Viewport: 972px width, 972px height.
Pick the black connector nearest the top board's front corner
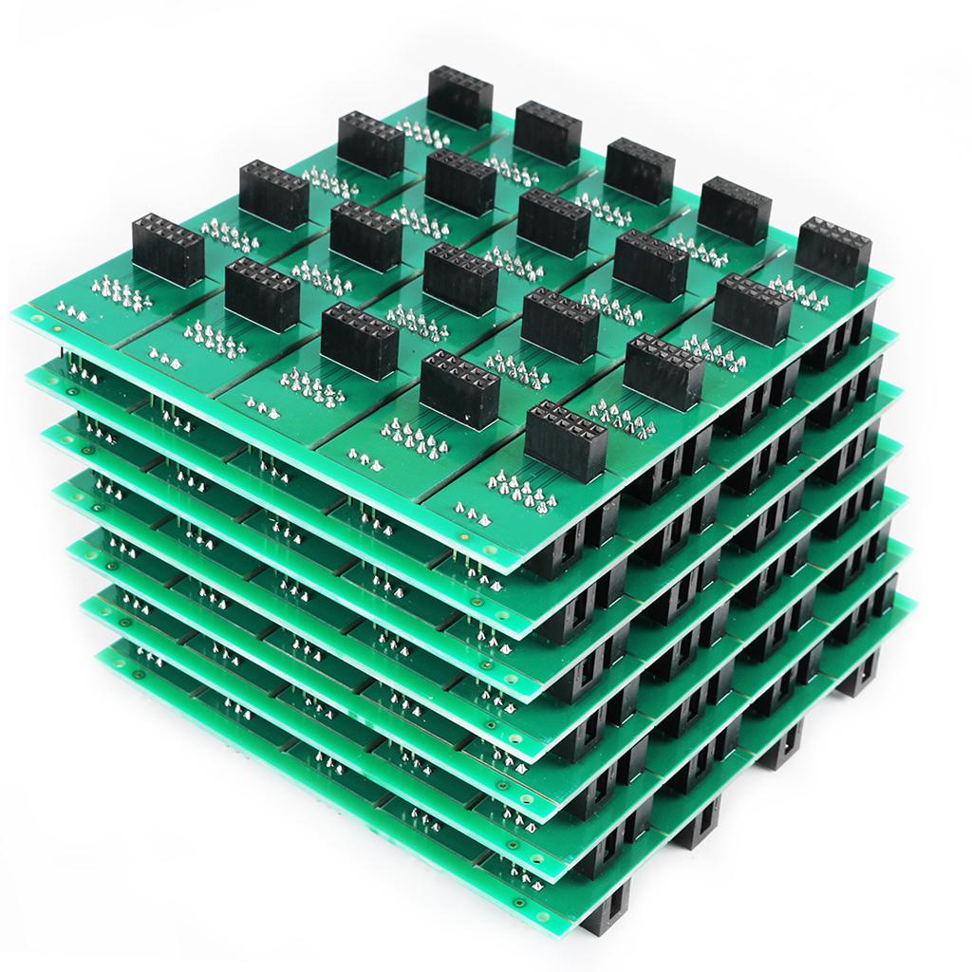pos(565,439)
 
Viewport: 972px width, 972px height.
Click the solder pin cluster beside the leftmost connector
pos(116,289)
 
